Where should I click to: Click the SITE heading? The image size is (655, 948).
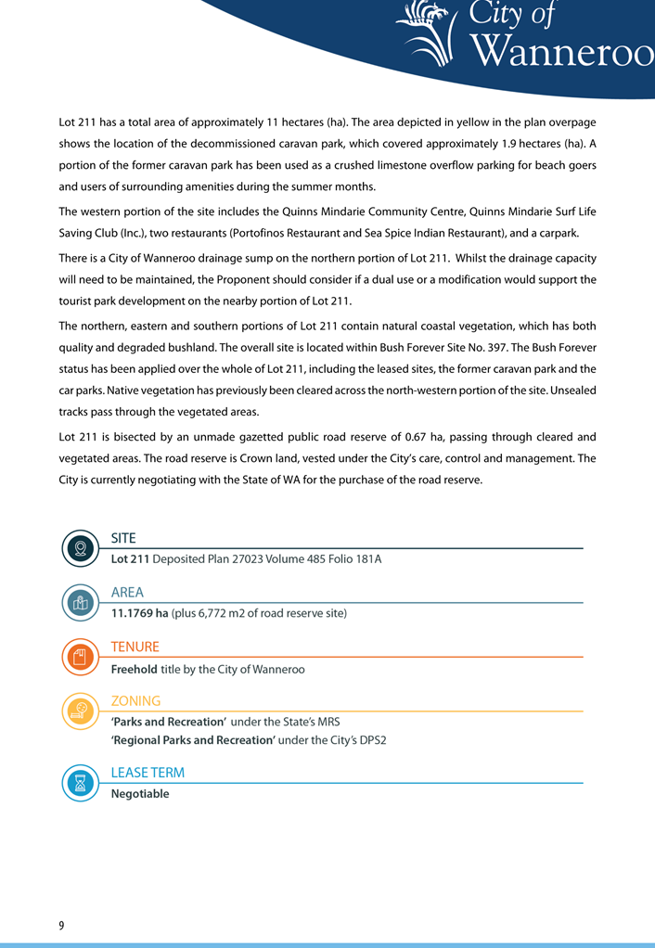pos(123,538)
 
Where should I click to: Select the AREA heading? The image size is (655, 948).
pos(127,593)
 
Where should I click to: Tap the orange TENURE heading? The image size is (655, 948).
pos(135,647)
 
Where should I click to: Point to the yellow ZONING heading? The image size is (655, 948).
pos(135,701)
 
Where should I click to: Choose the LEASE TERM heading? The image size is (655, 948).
pos(148,773)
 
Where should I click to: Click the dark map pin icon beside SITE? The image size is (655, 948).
pos(81,547)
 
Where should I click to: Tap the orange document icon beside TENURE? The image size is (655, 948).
pos(81,657)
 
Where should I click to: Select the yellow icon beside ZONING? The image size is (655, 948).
pos(81,711)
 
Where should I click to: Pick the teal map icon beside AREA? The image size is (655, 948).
pos(81,602)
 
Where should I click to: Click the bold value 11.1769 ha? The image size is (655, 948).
pos(139,613)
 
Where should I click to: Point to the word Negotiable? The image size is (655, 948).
pos(140,794)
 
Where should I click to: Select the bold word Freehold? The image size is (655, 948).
pos(134,669)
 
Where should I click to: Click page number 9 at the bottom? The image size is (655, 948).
pos(61,926)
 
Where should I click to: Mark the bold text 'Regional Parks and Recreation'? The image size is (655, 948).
pos(193,740)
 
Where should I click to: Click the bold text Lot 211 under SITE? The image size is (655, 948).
pos(130,559)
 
